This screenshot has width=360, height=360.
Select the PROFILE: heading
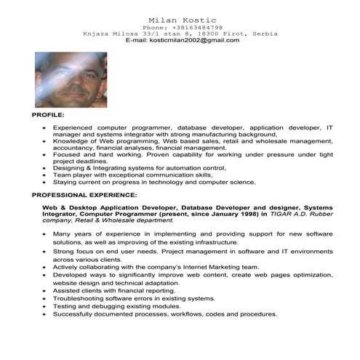(x=48, y=116)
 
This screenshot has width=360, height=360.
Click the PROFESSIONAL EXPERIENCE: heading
(x=82, y=196)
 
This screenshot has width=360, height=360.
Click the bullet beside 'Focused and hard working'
(x=45, y=155)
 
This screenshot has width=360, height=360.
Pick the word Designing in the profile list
(x=73, y=168)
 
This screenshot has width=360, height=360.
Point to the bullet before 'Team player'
(x=45, y=175)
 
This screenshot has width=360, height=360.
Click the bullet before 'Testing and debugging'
(x=45, y=306)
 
